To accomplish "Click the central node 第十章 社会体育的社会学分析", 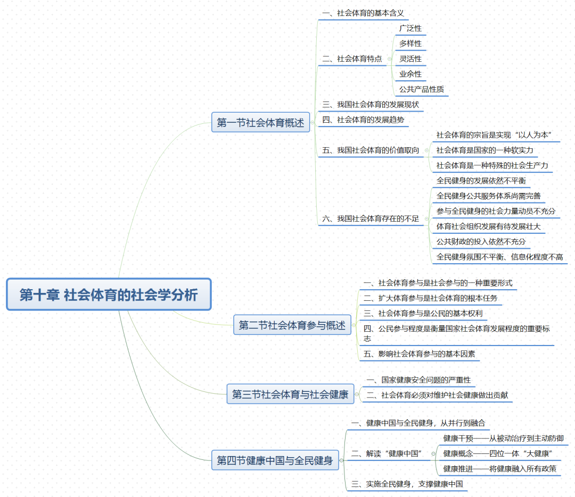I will [x=109, y=294].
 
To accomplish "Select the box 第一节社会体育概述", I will [x=260, y=123].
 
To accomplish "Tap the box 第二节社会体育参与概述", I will [x=292, y=325].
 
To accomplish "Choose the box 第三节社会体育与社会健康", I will [x=290, y=394].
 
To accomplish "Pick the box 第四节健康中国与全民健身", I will [x=275, y=460].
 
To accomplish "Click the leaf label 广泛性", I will [x=410, y=28].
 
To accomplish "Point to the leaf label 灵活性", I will [x=410, y=58].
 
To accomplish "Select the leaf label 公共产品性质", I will [x=421, y=89].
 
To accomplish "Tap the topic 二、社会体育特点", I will [x=352, y=58].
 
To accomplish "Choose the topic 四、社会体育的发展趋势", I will [x=363, y=120].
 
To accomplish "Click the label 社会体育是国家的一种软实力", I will [x=484, y=150].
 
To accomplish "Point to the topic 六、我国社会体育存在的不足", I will [x=371, y=218].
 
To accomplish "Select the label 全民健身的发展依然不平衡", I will [x=481, y=180].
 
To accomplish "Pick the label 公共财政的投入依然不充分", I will [x=481, y=241].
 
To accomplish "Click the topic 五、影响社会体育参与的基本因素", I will [x=419, y=353].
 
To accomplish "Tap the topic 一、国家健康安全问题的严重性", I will [x=419, y=380].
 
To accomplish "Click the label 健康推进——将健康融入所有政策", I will [x=500, y=468].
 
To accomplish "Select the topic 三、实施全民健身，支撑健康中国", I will [x=407, y=484].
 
